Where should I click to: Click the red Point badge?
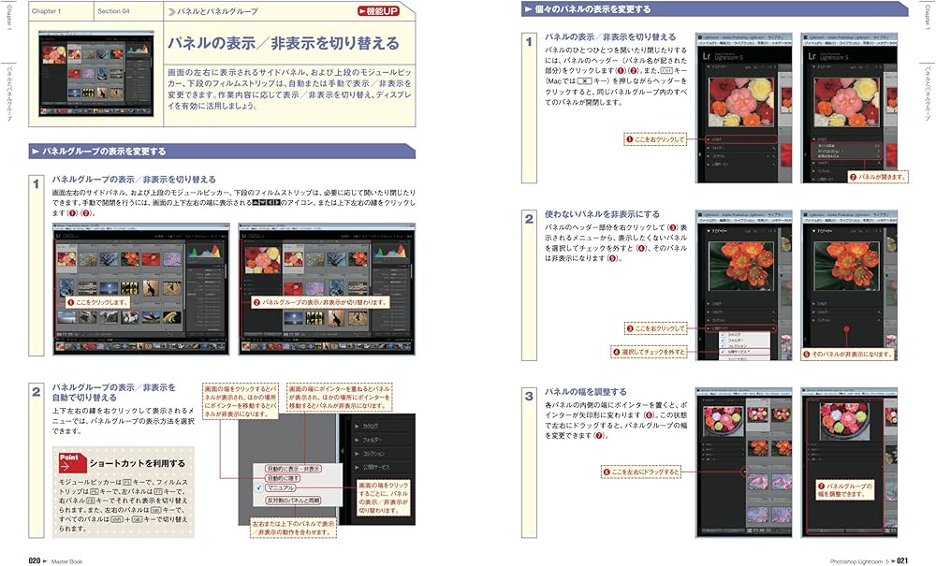click(70, 462)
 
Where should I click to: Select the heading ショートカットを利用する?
click(138, 463)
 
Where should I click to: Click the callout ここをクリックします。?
click(97, 303)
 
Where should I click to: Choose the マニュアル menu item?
click(281, 487)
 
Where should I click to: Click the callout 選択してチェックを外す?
click(651, 351)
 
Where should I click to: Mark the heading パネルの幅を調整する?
click(586, 391)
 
